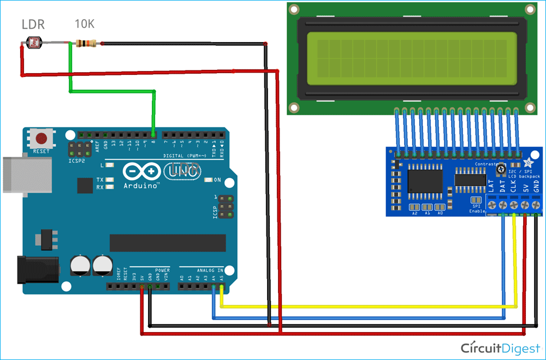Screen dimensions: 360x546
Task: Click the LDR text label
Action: tap(33, 25)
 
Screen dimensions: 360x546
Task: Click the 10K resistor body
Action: tap(86, 43)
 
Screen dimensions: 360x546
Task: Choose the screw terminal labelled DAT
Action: tap(502, 205)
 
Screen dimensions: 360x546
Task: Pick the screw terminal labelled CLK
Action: tap(514, 205)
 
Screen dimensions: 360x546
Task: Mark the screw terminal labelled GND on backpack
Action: tap(537, 205)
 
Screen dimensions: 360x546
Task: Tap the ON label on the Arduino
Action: tap(217, 180)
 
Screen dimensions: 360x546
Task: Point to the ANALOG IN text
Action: tap(209, 270)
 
